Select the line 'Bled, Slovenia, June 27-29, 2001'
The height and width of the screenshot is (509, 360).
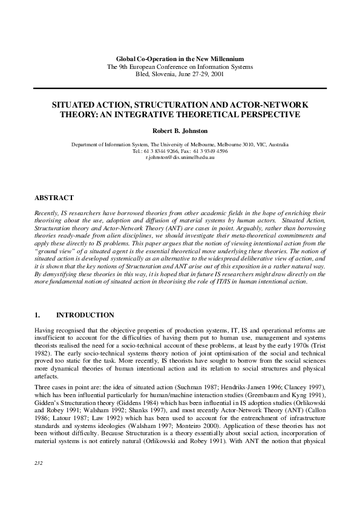tap(180, 74)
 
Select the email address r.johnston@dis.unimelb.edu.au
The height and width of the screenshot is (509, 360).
tap(180, 157)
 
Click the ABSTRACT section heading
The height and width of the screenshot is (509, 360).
tap(54, 198)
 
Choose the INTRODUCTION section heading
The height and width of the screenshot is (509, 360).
tap(85, 315)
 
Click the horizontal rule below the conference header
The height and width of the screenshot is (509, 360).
tap(180, 88)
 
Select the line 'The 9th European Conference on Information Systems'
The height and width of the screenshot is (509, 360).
tap(180, 66)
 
